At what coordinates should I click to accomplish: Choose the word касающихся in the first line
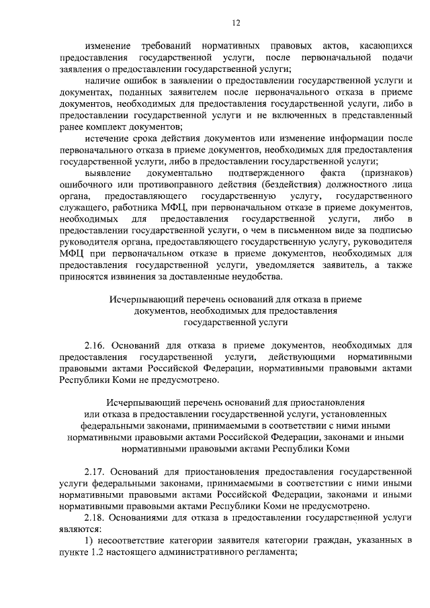pos(385,46)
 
